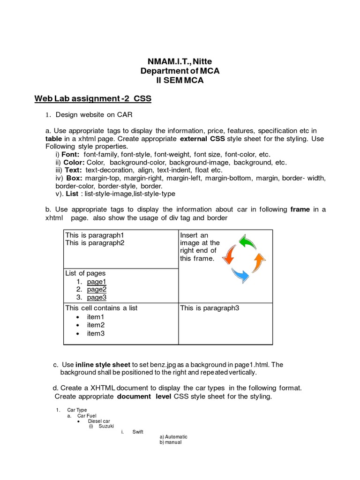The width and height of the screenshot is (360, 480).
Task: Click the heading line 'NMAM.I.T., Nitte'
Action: [x=180, y=62]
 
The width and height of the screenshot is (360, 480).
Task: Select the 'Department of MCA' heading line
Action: [x=180, y=71]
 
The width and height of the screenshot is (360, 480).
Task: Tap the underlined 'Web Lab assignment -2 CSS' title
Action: [x=93, y=98]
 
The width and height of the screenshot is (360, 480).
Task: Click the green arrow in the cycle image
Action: [x=247, y=242]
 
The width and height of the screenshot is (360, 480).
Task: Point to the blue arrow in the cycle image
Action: [x=241, y=275]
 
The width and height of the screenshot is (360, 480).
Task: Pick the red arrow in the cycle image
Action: [x=229, y=255]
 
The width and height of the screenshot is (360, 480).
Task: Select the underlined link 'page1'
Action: [x=97, y=282]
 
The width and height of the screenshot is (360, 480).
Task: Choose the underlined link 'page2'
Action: [x=97, y=289]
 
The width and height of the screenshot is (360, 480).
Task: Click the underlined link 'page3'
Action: [x=97, y=297]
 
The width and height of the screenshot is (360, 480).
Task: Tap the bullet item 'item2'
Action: [x=96, y=325]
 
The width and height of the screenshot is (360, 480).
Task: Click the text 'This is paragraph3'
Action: [x=210, y=308]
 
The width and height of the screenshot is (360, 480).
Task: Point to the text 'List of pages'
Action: [x=85, y=273]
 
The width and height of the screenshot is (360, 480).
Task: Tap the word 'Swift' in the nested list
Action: [x=138, y=432]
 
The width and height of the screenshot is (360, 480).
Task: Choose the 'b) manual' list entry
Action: [x=170, y=442]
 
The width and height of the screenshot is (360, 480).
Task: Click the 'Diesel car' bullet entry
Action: [x=99, y=421]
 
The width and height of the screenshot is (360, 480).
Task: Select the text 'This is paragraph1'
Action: [x=95, y=235]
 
